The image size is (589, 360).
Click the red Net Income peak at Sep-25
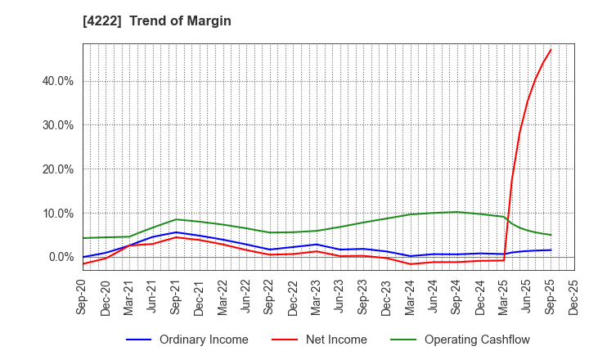click(551, 50)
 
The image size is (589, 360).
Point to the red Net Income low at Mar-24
click(410, 264)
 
